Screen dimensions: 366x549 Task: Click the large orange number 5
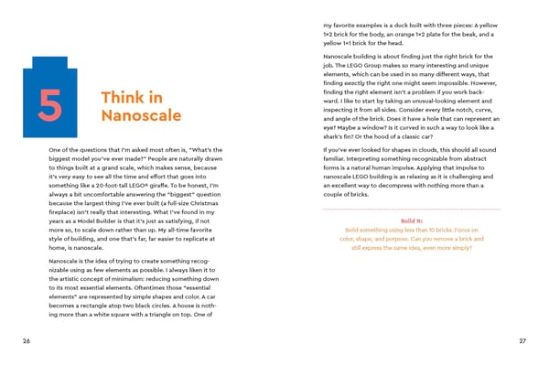click(x=48, y=109)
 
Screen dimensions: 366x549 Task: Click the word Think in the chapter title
click(x=118, y=97)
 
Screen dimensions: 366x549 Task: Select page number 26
click(x=28, y=341)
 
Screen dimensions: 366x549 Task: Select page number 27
click(x=522, y=341)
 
